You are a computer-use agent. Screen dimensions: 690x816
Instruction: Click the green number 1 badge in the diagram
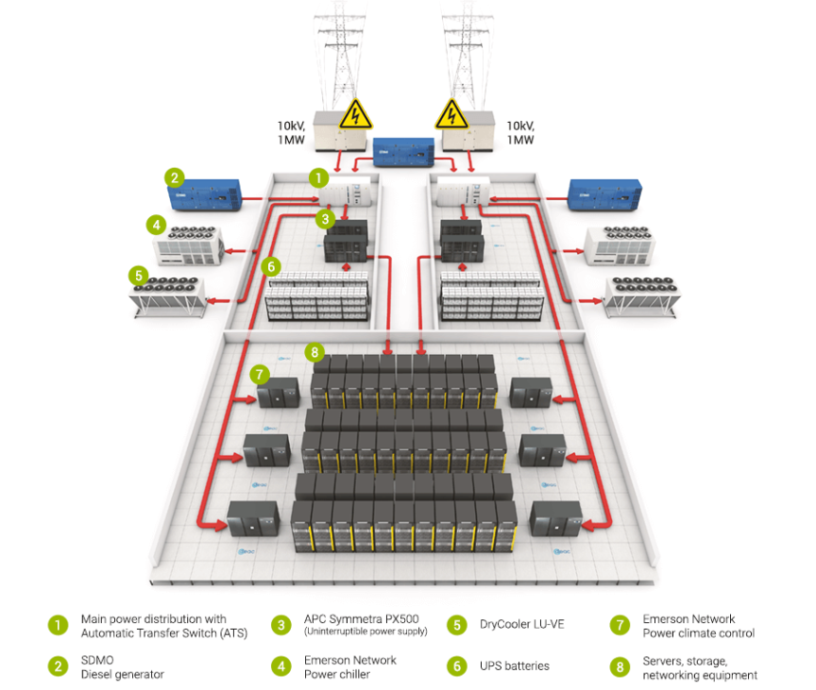pos(319,177)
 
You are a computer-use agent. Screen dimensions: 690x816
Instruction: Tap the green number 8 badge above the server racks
pos(314,352)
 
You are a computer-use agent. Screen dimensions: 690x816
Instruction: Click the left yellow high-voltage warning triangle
pos(355,115)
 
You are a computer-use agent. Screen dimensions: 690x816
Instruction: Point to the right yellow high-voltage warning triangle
pos(451,115)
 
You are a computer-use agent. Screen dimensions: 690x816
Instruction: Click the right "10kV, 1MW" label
pos(520,132)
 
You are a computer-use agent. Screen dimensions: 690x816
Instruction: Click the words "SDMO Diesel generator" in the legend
pos(122,666)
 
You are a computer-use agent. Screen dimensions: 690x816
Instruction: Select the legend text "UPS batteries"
pos(514,666)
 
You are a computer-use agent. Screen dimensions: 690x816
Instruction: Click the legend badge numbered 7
pos(620,625)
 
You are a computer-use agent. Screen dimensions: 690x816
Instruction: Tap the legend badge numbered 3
pos(280,625)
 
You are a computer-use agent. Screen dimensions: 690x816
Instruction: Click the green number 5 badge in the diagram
pos(139,276)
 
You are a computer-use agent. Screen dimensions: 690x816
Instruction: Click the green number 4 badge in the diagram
pos(156,224)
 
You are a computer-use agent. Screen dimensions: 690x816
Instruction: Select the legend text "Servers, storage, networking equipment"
pos(699,667)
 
